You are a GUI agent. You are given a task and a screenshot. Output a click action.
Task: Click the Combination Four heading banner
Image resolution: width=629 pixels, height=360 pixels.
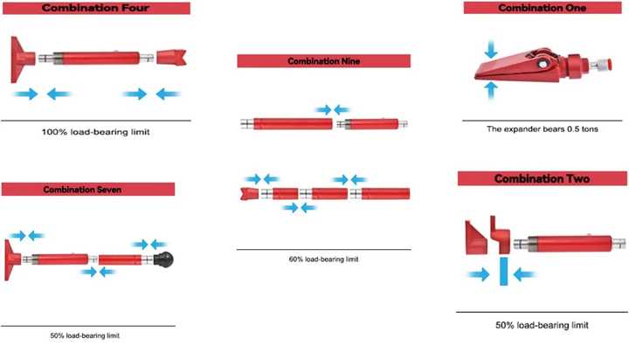click(96, 8)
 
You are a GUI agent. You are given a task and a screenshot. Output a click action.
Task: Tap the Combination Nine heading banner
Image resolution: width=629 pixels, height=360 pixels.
click(324, 61)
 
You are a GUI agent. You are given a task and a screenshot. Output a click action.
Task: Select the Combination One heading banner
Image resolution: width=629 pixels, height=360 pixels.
click(543, 8)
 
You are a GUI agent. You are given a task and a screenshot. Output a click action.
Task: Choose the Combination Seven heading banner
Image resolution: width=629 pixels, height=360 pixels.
click(88, 190)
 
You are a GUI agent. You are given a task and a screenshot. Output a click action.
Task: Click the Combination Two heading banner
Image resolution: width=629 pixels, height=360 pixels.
click(543, 178)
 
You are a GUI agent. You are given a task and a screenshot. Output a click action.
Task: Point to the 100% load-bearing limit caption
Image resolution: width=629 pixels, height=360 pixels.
click(96, 132)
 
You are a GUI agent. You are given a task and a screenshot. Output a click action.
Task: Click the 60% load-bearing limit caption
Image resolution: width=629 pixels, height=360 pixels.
click(324, 260)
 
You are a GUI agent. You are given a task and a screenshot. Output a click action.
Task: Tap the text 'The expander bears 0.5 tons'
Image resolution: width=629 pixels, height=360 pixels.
click(543, 129)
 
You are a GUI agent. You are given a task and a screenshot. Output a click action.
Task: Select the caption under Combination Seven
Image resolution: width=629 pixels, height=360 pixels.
click(85, 336)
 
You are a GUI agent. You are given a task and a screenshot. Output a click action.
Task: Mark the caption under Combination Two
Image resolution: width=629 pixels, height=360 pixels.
click(543, 325)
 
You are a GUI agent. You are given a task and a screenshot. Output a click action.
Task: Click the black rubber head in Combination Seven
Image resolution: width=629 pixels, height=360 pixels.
click(164, 260)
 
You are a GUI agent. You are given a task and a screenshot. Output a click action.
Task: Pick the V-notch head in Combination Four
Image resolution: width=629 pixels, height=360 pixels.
click(171, 58)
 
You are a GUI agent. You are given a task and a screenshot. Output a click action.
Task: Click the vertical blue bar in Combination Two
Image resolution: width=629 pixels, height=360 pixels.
click(504, 271)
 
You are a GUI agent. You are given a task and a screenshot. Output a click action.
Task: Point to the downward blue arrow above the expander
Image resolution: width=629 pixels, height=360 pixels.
click(491, 49)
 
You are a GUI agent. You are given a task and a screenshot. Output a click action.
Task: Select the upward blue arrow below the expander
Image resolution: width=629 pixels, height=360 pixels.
click(491, 90)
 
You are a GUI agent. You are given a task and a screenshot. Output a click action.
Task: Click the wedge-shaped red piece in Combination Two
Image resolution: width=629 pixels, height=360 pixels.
click(476, 238)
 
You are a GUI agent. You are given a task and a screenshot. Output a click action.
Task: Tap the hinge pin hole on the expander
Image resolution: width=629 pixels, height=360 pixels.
click(543, 64)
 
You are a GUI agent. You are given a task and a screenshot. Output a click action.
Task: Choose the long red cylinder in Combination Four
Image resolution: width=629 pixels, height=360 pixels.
click(96, 59)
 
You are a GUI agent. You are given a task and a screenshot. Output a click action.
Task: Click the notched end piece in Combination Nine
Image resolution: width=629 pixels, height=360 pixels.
click(250, 194)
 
